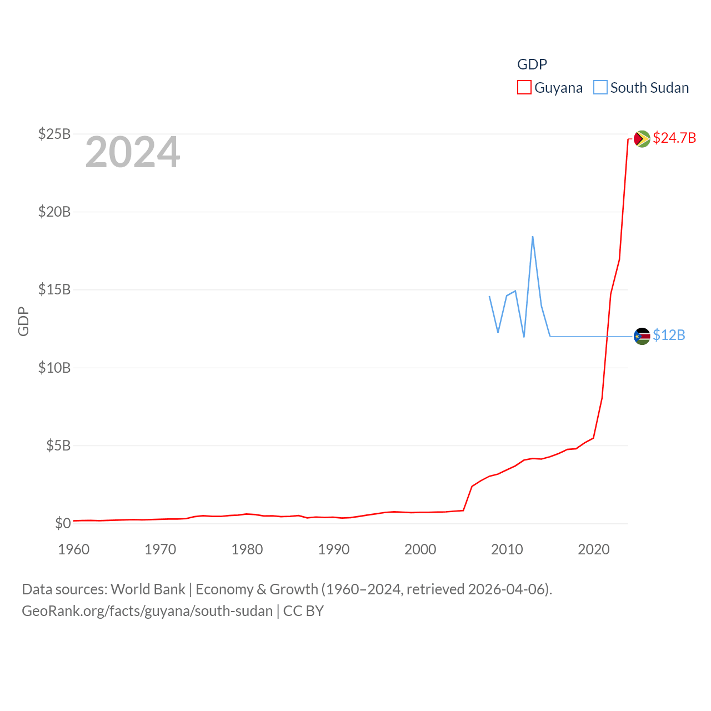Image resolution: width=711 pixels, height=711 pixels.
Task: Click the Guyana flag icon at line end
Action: [642, 138]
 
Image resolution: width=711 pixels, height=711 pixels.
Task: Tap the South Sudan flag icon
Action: [642, 336]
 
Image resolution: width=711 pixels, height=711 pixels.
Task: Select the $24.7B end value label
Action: [674, 138]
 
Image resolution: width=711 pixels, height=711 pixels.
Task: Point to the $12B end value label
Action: [669, 335]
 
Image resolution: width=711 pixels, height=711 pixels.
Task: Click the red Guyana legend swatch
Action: [524, 88]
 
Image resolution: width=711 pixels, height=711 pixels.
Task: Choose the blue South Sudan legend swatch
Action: [600, 88]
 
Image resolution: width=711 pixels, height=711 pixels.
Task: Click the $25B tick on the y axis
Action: [54, 134]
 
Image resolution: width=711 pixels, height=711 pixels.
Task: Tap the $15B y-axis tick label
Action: [54, 289]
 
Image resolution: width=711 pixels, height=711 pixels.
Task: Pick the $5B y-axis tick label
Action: [58, 445]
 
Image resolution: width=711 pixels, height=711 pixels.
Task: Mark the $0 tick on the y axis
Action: [63, 523]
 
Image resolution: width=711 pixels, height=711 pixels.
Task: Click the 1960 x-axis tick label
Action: [74, 549]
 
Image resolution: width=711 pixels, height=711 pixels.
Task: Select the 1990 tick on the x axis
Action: [334, 549]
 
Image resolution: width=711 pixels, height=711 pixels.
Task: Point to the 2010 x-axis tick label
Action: [507, 549]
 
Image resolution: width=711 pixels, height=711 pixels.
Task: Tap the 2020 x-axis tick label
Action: [594, 549]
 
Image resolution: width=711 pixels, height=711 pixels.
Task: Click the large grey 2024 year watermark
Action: [132, 152]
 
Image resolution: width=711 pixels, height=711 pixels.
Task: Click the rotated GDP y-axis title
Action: [23, 321]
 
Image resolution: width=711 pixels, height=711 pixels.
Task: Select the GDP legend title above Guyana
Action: [532, 64]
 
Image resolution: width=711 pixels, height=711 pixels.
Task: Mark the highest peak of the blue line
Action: [533, 237]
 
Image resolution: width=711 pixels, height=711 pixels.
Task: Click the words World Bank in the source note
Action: [148, 589]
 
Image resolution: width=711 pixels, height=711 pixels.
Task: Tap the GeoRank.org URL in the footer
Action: [147, 611]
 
